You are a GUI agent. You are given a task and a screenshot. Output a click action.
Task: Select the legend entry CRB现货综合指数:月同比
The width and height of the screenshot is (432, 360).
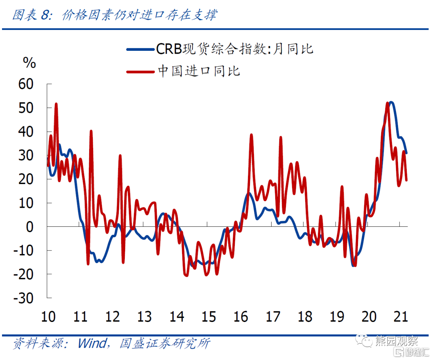(234, 49)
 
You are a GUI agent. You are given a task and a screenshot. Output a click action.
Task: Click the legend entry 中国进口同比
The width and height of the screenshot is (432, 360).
(199, 71)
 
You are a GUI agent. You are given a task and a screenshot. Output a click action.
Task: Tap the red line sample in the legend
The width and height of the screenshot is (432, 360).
(140, 72)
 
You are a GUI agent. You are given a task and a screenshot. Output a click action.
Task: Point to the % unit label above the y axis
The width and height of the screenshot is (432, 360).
(29, 63)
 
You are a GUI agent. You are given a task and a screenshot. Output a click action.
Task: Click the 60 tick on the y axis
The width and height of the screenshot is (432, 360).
(27, 84)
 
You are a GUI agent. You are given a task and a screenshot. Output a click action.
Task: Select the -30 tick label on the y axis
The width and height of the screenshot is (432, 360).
(24, 298)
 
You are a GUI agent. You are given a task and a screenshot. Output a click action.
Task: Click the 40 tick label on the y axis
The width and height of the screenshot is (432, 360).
(27, 132)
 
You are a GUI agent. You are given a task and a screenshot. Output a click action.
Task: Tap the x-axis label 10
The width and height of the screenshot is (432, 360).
(48, 316)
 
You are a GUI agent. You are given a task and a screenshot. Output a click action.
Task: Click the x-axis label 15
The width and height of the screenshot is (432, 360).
(208, 316)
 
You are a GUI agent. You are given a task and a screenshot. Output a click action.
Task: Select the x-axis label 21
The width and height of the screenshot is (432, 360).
(400, 316)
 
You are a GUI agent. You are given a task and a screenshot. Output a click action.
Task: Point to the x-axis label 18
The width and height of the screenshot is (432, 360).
(305, 316)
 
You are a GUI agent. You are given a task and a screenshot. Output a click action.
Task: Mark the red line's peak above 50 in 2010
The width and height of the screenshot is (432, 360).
(56, 104)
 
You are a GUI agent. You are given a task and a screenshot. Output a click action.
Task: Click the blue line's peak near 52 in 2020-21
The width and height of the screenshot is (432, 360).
(391, 102)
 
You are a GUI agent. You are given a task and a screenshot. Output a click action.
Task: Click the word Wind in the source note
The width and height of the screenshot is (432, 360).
(92, 343)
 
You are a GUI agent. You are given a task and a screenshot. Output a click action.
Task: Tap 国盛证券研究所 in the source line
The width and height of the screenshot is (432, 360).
(164, 343)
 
